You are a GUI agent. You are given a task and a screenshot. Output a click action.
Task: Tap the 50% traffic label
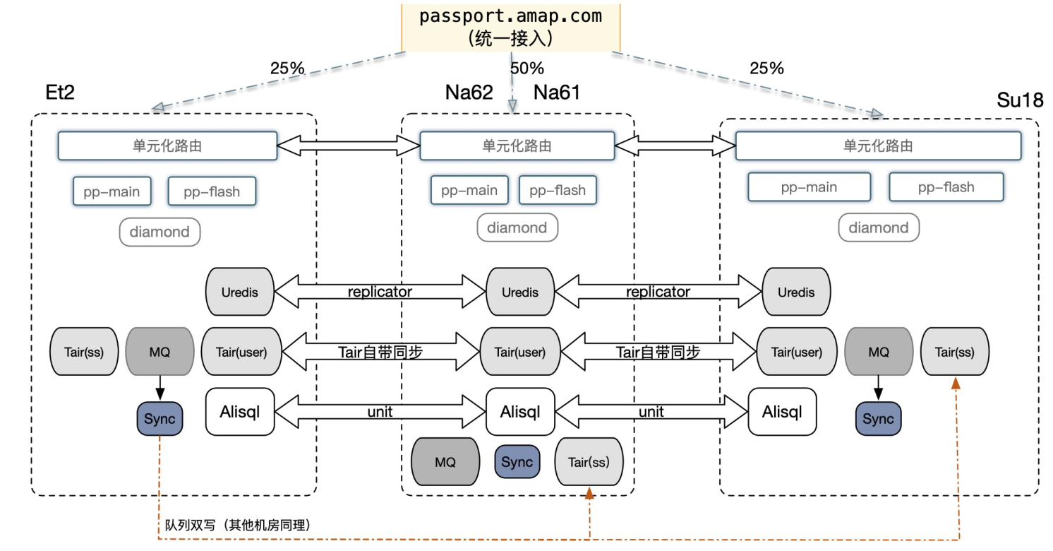coord(527,69)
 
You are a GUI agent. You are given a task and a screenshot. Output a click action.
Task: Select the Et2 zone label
coord(59,93)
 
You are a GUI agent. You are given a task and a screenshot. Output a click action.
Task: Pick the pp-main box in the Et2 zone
coord(112,191)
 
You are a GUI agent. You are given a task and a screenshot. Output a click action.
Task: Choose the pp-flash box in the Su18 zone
coord(946,187)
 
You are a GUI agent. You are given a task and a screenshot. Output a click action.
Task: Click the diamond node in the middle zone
coord(517,227)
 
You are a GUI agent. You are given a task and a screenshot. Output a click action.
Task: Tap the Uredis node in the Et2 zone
coord(239,292)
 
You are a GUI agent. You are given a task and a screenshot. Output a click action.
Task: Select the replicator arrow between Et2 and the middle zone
coord(380,291)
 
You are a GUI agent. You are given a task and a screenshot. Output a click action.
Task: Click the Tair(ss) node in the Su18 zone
coord(955,351)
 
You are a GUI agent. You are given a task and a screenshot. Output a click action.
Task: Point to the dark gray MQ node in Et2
coord(159,351)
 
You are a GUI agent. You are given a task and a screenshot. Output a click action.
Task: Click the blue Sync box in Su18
coord(878,419)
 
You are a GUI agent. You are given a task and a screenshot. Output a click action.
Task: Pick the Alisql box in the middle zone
coord(520,411)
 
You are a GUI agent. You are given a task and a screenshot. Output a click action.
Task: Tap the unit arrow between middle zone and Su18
coord(651,411)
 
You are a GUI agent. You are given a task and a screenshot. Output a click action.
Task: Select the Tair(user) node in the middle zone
coord(519,351)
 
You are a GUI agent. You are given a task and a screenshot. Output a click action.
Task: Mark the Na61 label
coord(557,93)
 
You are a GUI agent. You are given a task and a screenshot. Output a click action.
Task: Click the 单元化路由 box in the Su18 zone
coord(878,146)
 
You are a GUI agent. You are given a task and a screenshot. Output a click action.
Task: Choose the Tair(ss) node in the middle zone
coord(589,462)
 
